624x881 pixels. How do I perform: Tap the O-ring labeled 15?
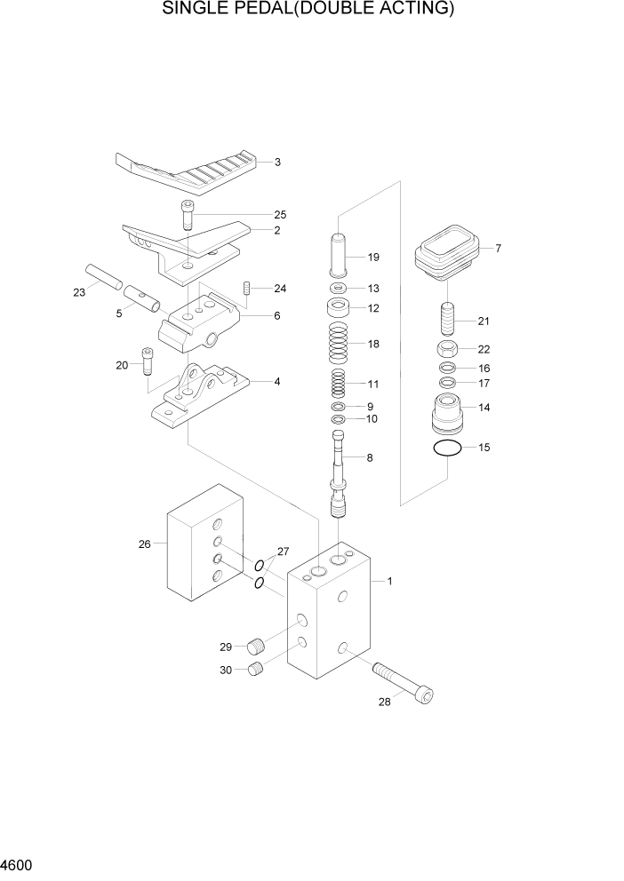[448, 448]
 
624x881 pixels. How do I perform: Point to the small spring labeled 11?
[339, 384]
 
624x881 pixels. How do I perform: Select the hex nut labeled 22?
[449, 349]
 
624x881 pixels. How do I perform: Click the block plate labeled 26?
[206, 551]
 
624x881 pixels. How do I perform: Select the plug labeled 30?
[256, 671]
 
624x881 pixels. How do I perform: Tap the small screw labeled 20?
[148, 361]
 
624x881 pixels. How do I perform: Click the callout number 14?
[484, 408]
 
